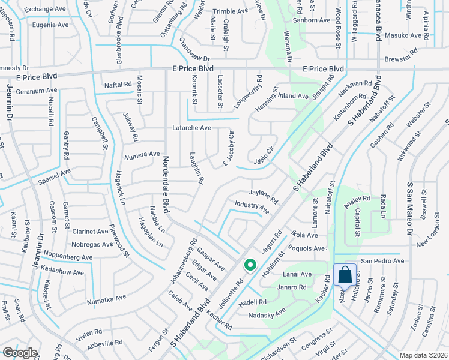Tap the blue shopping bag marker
(345, 275)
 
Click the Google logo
(20, 353)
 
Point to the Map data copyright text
(423, 355)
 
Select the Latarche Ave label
(191, 128)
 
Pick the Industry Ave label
(252, 208)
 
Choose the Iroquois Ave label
(307, 248)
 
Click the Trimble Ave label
(230, 11)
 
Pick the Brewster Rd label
(402, 56)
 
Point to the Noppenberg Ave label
(67, 257)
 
